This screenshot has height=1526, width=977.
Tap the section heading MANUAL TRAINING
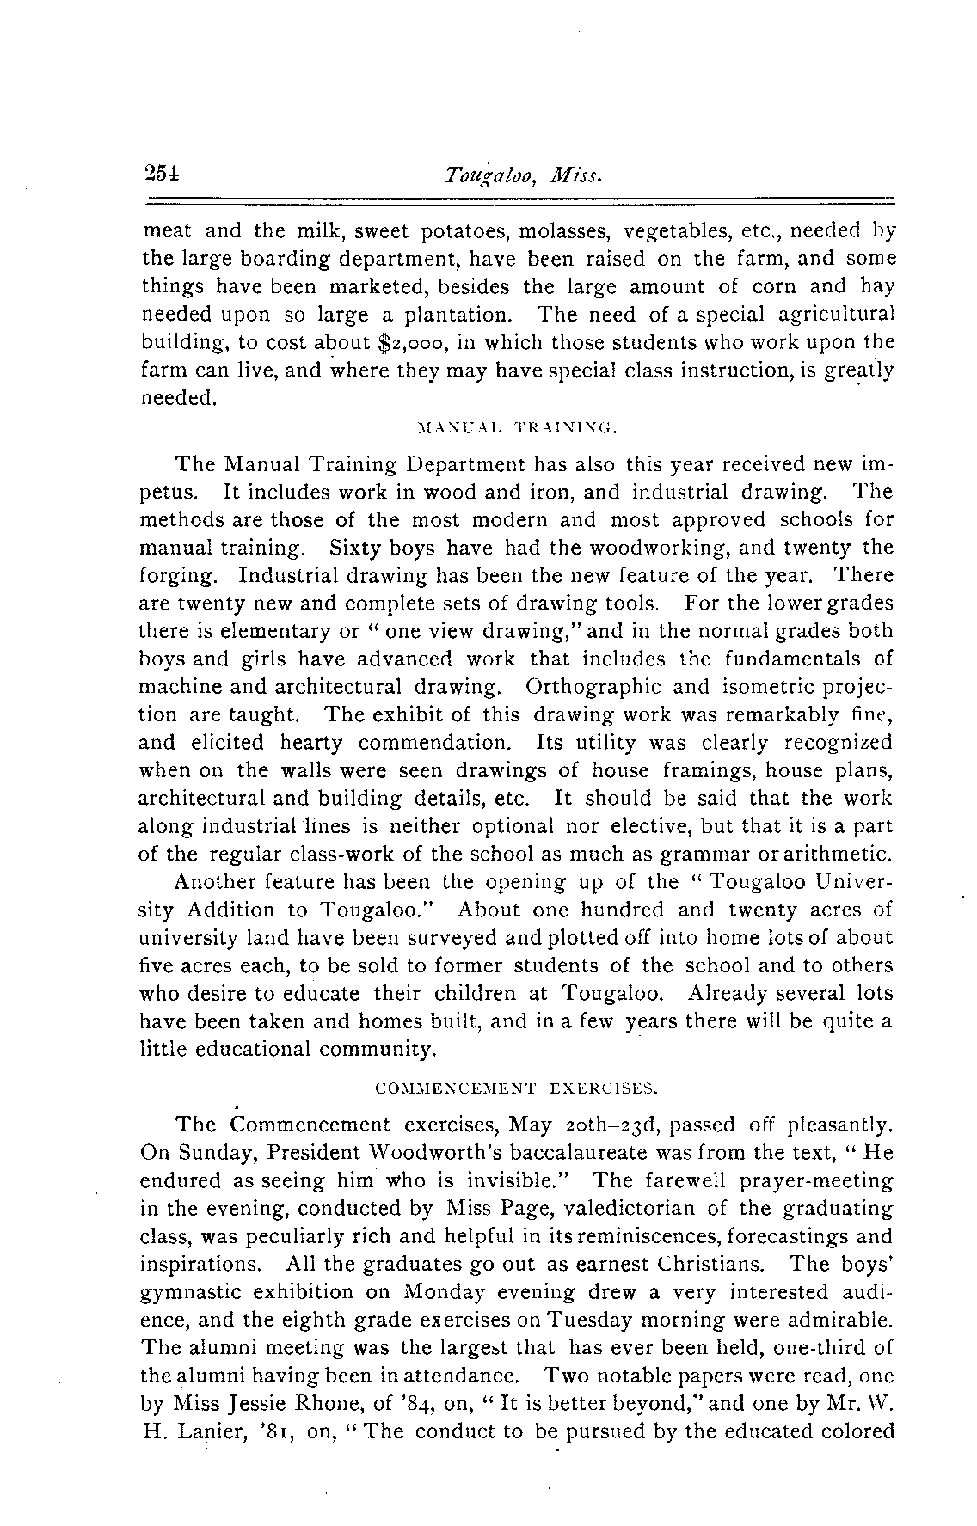coord(517,426)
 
